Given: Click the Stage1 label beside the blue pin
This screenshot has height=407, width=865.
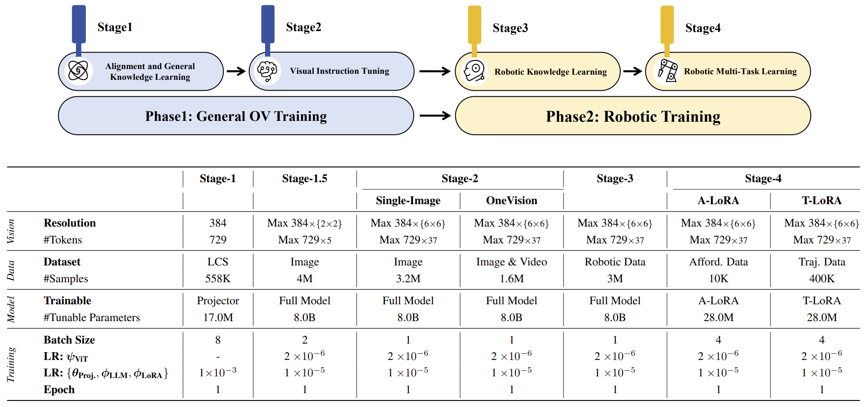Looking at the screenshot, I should pyautogui.click(x=115, y=27).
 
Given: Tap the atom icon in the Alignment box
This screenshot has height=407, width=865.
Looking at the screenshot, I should pyautogui.click(x=78, y=71).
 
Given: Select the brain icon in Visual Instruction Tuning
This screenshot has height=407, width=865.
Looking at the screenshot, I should pyautogui.click(x=267, y=71).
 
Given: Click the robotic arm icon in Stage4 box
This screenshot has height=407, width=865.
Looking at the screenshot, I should pyautogui.click(x=667, y=71).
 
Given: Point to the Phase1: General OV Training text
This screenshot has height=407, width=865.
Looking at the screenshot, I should pyautogui.click(x=236, y=116).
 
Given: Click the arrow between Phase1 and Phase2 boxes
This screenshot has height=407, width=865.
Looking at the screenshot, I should pyautogui.click(x=434, y=116).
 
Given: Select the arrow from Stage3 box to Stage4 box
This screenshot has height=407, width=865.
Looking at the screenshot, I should pyautogui.click(x=632, y=71).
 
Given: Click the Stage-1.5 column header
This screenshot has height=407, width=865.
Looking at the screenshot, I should pyautogui.click(x=305, y=179).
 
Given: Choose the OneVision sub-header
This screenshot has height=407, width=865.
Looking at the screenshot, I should pyautogui.click(x=512, y=201).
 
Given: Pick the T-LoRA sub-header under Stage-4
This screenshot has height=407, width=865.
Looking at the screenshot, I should pyautogui.click(x=821, y=201).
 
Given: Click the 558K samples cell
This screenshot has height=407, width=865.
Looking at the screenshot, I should pyautogui.click(x=218, y=279).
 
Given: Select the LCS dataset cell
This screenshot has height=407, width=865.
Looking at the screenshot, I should pyautogui.click(x=218, y=262).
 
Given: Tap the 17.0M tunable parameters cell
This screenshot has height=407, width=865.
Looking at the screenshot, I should pyautogui.click(x=218, y=318).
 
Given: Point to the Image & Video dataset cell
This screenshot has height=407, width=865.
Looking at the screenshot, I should pyautogui.click(x=512, y=262).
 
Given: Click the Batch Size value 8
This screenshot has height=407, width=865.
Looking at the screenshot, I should pyautogui.click(x=218, y=340).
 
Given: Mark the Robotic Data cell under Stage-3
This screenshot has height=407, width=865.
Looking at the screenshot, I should pyautogui.click(x=615, y=262).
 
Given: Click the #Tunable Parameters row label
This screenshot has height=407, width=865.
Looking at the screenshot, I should pyautogui.click(x=91, y=318).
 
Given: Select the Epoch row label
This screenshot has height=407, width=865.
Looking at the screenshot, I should pyautogui.click(x=59, y=390).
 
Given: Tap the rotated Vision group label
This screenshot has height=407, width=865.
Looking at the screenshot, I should pyautogui.click(x=11, y=231).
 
